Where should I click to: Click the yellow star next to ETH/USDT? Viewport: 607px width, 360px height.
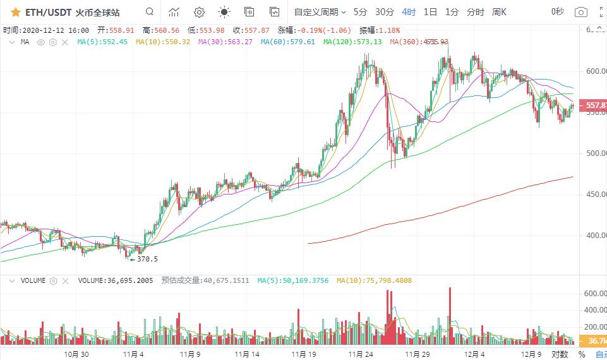pyautogui.click(x=15, y=12)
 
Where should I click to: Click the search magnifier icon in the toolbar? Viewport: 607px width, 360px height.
pyautogui.click(x=149, y=12)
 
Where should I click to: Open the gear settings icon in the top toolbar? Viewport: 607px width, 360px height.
pyautogui.click(x=199, y=12)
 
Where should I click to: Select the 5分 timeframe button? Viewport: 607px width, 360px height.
pyautogui.click(x=360, y=12)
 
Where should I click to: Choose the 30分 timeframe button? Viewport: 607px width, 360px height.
pyautogui.click(x=384, y=12)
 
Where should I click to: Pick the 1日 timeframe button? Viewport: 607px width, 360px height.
pyautogui.click(x=430, y=12)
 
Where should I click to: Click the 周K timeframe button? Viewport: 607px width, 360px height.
pyautogui.click(x=500, y=12)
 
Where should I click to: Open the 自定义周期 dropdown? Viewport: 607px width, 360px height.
pyautogui.click(x=320, y=12)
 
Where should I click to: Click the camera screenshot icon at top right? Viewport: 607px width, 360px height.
pyautogui.click(x=581, y=12)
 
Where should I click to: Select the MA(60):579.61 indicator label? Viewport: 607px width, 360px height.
pyautogui.click(x=288, y=42)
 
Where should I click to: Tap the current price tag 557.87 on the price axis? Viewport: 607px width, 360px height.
pyautogui.click(x=595, y=105)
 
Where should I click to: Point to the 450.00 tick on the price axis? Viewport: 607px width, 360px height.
pyautogui.click(x=594, y=195)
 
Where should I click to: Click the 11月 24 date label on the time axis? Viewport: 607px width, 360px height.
pyautogui.click(x=360, y=354)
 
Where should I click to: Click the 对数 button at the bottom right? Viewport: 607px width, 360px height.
pyautogui.click(x=560, y=354)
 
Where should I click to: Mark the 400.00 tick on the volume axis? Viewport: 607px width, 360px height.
pyautogui.click(x=594, y=310)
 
